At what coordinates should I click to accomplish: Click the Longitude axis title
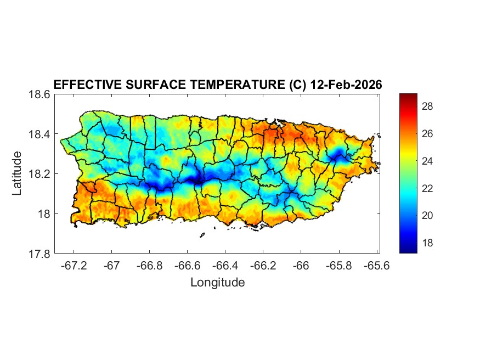(217, 283)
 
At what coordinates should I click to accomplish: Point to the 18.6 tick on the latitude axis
(41, 94)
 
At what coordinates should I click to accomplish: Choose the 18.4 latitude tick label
(41, 134)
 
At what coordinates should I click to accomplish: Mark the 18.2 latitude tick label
(41, 174)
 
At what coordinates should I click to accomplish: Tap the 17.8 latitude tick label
(41, 254)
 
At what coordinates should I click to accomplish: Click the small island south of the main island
(202, 235)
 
